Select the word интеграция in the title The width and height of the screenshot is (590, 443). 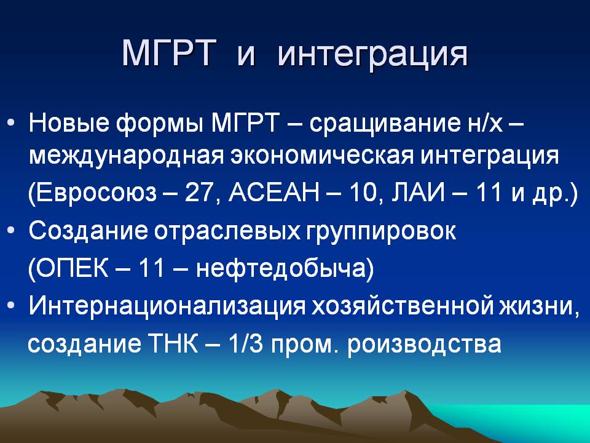(373, 55)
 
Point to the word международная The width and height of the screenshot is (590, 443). (126, 156)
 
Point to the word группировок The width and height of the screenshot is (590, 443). (381, 232)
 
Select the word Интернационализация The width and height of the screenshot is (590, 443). (167, 306)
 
